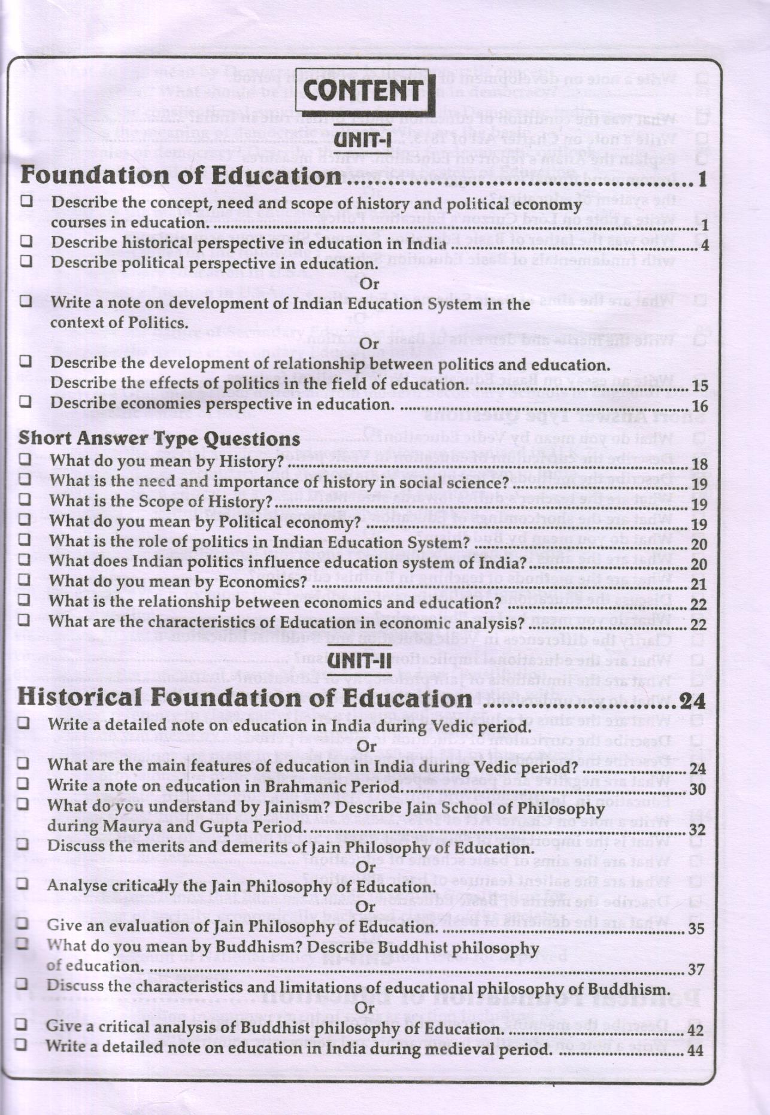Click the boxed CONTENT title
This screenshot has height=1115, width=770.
click(364, 92)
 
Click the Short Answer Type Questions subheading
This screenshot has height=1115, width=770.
click(159, 439)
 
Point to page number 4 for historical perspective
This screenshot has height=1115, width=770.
click(704, 245)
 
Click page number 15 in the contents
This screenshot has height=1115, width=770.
click(699, 386)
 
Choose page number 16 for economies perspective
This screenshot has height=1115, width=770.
click(699, 407)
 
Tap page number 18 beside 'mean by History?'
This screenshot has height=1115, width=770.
click(699, 464)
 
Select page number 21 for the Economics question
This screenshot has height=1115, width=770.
click(699, 584)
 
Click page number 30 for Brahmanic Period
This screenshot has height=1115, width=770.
click(698, 789)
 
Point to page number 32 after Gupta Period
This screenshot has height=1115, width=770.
click(696, 830)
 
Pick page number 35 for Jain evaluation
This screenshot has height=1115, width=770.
click(696, 929)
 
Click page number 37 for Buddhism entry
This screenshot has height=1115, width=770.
click(696, 970)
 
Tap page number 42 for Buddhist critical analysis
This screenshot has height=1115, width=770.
click(696, 1030)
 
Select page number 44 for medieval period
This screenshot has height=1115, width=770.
click(696, 1050)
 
